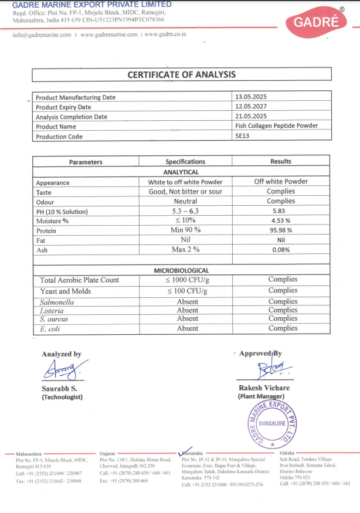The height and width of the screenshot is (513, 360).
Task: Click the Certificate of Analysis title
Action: (x=182, y=74)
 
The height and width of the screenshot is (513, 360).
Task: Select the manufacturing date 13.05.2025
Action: (x=250, y=97)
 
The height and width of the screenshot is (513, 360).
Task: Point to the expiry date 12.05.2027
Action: (x=250, y=107)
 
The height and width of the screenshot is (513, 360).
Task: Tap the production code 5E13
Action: (x=242, y=136)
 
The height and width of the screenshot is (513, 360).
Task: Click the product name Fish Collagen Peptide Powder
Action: (x=276, y=126)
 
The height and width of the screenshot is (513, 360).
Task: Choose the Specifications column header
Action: (x=185, y=162)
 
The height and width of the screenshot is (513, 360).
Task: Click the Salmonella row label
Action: (x=57, y=302)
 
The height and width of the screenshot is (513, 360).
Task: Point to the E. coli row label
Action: (x=50, y=329)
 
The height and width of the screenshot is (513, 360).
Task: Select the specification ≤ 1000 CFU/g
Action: (x=187, y=280)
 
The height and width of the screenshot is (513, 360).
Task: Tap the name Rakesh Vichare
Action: (x=264, y=388)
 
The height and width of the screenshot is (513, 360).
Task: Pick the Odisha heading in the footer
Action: (x=287, y=453)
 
